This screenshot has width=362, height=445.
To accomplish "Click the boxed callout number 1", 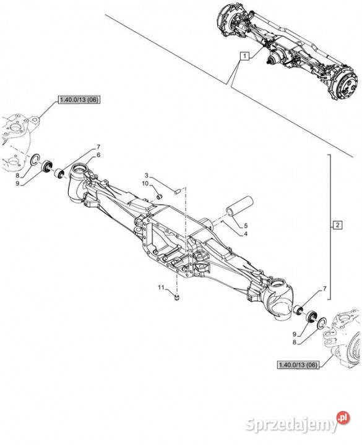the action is point(244,56).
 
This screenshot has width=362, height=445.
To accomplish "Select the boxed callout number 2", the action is point(337,225).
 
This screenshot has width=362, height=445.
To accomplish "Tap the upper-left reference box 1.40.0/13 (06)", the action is point(79,100).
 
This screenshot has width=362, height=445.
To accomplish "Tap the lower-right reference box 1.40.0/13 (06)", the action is point(298,365).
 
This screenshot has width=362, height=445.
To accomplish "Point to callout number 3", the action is point(147,175).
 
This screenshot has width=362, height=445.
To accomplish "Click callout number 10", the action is point(145,184).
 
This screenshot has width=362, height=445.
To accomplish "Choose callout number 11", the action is point(161,287).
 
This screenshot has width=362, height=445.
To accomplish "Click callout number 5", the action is point(246,226).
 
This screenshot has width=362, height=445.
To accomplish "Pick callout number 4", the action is point(246,234).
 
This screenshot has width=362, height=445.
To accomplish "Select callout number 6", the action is point(98,155).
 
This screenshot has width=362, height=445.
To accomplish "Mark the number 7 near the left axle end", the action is point(98,147).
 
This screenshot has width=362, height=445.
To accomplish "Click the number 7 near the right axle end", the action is point(325,289).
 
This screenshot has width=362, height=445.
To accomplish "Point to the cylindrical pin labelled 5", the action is point(239,206).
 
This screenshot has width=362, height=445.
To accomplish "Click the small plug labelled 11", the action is point(177,297).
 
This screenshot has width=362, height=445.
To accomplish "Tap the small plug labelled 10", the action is point(160,196).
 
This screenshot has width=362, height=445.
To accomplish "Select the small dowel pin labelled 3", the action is point(178,191).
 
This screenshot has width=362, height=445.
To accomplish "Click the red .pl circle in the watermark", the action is point(343,417).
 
